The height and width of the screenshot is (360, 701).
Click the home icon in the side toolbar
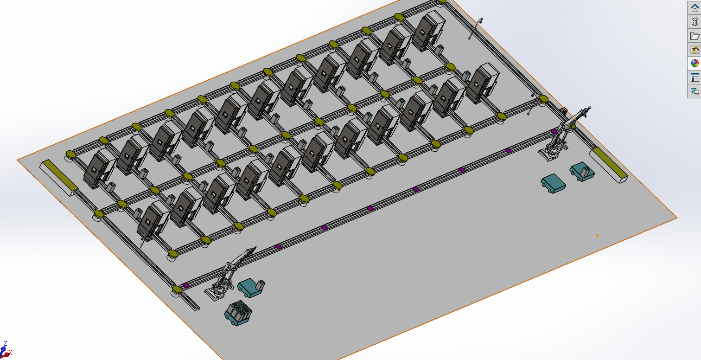point(695,8)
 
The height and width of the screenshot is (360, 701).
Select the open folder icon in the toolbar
point(695,36)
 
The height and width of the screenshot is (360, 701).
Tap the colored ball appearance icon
point(695,63)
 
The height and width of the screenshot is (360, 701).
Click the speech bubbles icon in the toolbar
point(695,91)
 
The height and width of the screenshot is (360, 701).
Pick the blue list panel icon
point(695,77)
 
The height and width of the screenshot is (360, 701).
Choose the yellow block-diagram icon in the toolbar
point(695,50)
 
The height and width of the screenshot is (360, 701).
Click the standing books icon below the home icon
point(695,22)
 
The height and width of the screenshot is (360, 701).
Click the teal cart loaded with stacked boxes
point(238,313)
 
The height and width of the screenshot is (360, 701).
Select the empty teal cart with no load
point(553,184)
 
